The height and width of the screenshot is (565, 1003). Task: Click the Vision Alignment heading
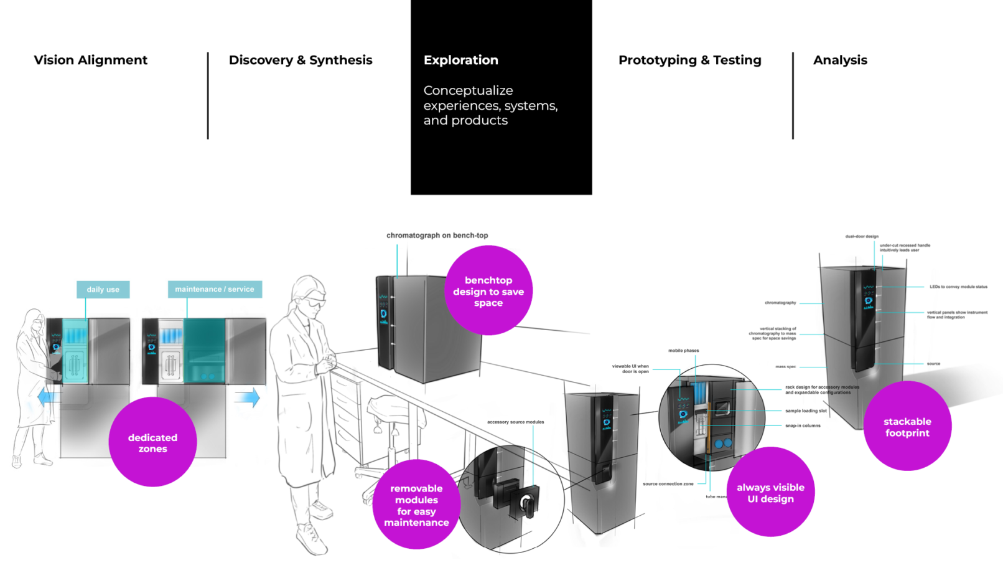coord(91,60)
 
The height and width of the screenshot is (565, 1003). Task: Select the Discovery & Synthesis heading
coord(301,60)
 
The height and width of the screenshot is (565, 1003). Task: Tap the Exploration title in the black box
coord(461,60)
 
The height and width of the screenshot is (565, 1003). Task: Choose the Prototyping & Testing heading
coord(689,60)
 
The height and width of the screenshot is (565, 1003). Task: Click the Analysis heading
coord(840,60)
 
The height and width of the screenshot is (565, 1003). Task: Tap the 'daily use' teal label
coord(103,290)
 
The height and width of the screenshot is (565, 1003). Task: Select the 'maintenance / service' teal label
coord(215,289)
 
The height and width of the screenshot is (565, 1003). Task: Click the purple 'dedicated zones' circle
coord(152,442)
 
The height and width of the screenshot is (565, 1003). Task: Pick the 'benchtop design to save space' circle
coord(488,291)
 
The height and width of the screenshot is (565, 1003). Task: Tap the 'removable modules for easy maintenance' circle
coord(416,505)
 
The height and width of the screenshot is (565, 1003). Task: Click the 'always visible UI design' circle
coord(770,492)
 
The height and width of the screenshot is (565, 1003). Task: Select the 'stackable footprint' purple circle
coord(907,427)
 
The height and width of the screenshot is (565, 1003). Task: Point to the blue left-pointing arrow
coord(49,397)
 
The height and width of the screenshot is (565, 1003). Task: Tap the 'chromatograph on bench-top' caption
coord(437,235)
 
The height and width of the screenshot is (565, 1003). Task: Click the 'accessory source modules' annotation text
coord(515,422)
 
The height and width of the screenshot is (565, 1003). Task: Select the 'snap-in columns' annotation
coord(803,426)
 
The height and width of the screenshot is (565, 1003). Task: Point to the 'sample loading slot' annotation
coord(806,411)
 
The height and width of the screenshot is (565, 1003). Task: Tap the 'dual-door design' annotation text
coord(862,237)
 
